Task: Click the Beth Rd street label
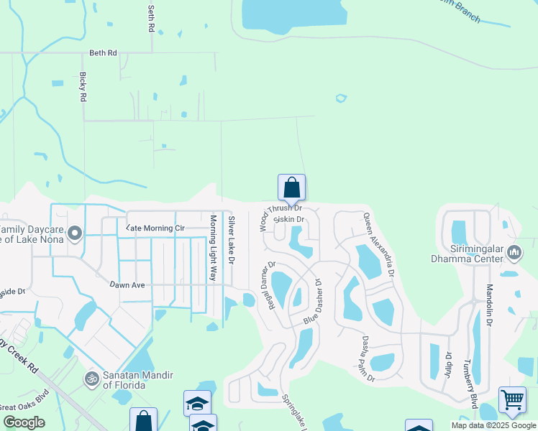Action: [103, 53]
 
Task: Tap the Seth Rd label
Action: [151, 20]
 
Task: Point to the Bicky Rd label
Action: [83, 86]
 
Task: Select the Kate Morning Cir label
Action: [156, 228]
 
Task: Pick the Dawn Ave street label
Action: [127, 285]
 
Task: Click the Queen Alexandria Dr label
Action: [379, 245]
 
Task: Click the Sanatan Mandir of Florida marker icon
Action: [91, 378]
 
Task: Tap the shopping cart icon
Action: [512, 399]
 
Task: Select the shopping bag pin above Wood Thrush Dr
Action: [291, 188]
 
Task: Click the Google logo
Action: [24, 422]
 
